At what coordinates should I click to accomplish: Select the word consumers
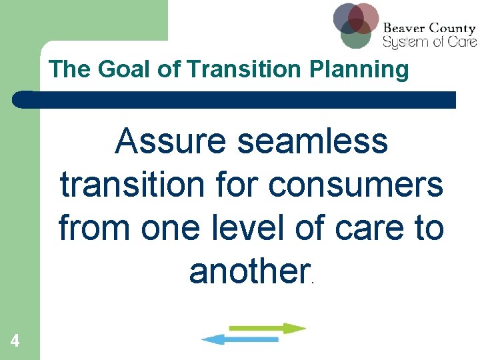point(356,185)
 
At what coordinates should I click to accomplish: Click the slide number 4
point(15,341)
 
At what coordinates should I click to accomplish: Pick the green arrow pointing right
point(267,328)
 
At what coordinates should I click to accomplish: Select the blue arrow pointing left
point(240,339)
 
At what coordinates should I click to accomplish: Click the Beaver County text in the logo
point(429,29)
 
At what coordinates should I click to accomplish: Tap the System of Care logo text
point(429,41)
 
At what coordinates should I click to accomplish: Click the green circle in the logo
point(355,36)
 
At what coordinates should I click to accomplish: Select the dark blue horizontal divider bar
point(233,100)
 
